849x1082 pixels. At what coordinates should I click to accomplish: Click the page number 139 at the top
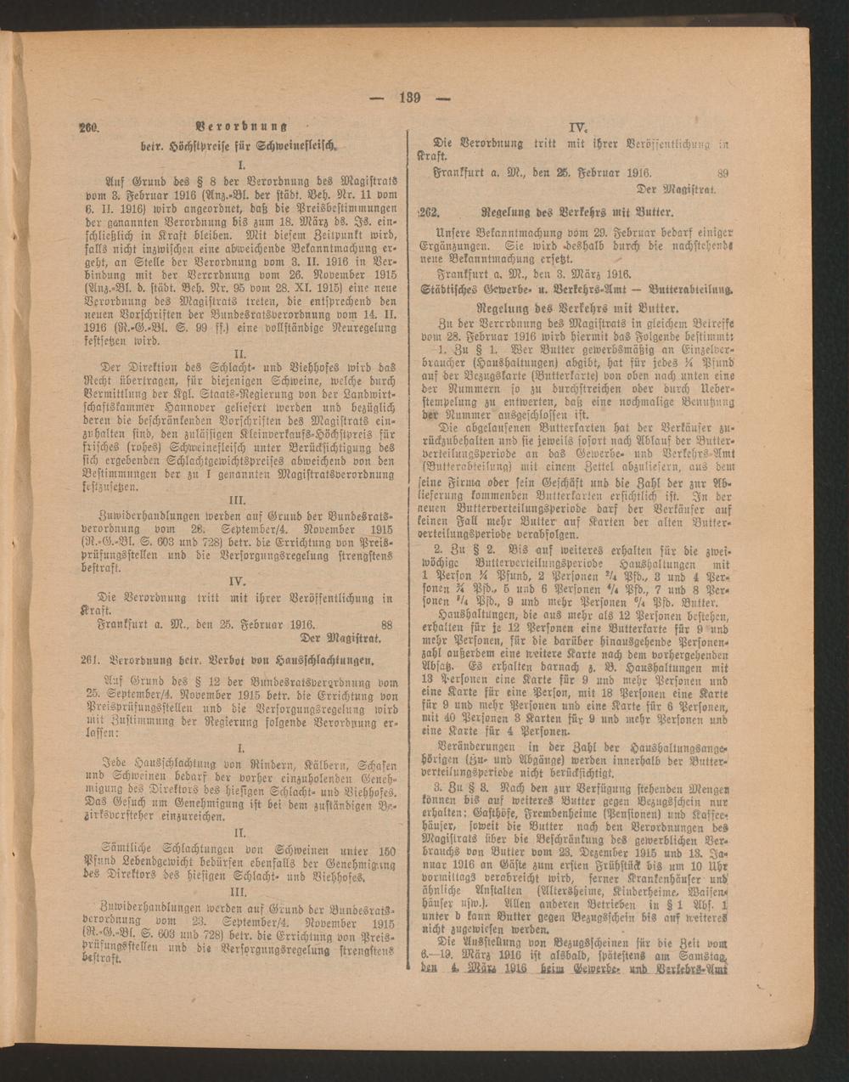click(410, 97)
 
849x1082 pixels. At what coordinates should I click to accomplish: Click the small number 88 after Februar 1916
click(387, 623)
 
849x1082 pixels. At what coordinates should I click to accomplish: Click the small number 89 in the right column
click(722, 172)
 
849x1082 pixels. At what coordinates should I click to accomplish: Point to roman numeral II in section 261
click(242, 834)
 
